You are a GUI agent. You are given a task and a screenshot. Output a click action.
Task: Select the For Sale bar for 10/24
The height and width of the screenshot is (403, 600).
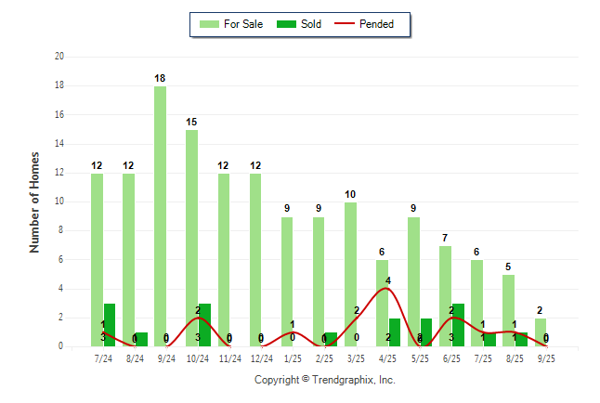tap(191, 238)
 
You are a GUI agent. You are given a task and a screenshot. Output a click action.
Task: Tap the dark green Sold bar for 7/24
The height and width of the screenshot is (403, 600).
tap(110, 324)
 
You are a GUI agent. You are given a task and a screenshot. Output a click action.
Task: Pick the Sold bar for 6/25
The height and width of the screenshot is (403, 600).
tap(458, 324)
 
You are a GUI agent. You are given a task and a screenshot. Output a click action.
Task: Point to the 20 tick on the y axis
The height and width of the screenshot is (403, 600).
tap(59, 57)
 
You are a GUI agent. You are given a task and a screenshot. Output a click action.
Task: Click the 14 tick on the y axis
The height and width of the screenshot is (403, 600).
tap(59, 144)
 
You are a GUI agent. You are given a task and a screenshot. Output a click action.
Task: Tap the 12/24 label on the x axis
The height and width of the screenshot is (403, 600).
tap(261, 357)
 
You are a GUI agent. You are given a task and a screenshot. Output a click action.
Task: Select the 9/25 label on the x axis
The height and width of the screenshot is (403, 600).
tap(547, 357)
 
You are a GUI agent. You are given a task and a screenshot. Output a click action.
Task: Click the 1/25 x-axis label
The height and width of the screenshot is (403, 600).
tap(293, 357)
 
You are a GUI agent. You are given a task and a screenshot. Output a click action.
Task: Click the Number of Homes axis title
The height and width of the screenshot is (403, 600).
tap(35, 201)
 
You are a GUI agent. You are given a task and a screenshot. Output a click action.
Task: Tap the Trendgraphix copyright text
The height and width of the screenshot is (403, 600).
tap(325, 380)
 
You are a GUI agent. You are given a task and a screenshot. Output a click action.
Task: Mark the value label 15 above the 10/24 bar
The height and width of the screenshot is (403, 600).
tap(191, 123)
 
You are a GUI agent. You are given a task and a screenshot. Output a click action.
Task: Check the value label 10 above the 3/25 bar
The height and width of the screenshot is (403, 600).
tap(350, 195)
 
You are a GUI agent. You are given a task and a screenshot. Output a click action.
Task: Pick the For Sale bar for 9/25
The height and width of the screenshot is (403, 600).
tap(541, 332)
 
